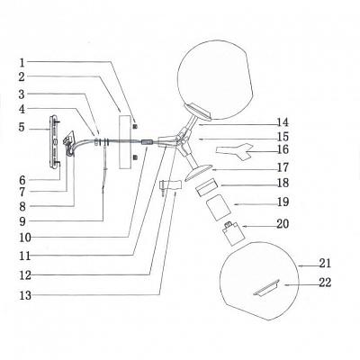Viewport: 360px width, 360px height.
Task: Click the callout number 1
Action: pos(22,63)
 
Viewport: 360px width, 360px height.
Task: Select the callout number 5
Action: pos(22,127)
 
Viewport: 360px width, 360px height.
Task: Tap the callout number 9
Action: pos(22,221)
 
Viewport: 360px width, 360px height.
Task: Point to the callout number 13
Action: pos(25,295)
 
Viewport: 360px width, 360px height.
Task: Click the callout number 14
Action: pos(283,122)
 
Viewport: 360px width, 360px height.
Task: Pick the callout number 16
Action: pos(283,149)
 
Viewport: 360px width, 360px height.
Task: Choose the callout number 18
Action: pos(283,183)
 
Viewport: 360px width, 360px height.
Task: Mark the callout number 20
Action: pos(283,224)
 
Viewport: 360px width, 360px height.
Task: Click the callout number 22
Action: pos(325,283)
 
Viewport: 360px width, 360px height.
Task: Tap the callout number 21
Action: pos(325,263)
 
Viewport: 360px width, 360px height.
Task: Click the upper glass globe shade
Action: pos(216,80)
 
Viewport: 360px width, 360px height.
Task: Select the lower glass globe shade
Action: pos(260,281)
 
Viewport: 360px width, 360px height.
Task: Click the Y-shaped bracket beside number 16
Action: pos(236,151)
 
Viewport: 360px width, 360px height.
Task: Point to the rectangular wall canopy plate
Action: pos(125,140)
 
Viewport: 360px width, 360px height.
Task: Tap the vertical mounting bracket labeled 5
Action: pos(52,142)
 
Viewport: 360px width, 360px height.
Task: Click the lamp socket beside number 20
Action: pos(230,233)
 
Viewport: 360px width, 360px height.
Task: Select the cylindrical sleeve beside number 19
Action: pos(218,208)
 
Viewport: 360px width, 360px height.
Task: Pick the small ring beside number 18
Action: pos(207,186)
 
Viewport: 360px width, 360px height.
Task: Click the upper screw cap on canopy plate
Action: pos(135,126)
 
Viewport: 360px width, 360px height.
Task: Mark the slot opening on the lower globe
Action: pos(266,288)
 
